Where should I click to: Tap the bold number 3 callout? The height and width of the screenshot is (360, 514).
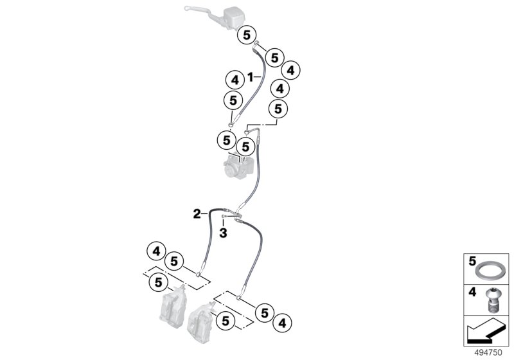[x=224, y=233]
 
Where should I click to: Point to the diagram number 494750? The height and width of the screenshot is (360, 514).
[x=488, y=352]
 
